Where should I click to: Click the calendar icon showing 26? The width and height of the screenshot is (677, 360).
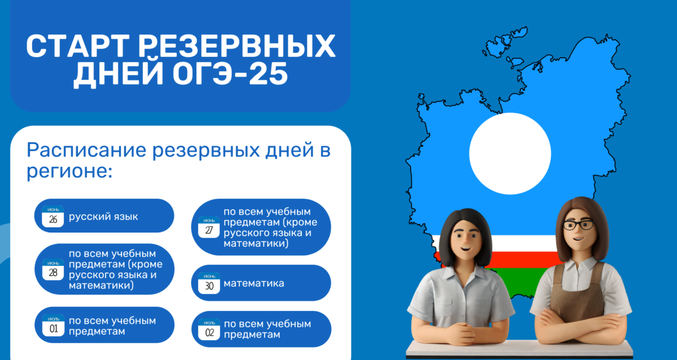click(53, 216)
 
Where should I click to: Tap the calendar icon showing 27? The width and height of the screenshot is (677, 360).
click(209, 227)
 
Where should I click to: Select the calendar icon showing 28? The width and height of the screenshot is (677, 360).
click(53, 269)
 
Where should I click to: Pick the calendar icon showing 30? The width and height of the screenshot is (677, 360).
click(209, 283)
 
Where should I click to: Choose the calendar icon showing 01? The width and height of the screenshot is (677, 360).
click(53, 325)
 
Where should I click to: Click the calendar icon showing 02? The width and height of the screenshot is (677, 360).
click(209, 330)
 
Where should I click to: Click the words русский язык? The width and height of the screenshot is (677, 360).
click(103, 217)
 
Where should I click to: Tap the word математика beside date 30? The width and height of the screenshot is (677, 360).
click(254, 283)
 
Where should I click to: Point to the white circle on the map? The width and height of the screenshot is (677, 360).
click(510, 153)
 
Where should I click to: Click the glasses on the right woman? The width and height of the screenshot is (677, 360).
click(579, 225)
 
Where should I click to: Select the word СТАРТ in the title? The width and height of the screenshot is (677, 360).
click(78, 46)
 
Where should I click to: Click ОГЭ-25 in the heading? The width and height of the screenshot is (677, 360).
click(230, 74)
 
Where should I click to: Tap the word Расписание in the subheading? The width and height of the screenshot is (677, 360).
click(86, 150)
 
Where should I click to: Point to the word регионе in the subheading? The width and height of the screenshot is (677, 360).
click(69, 171)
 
